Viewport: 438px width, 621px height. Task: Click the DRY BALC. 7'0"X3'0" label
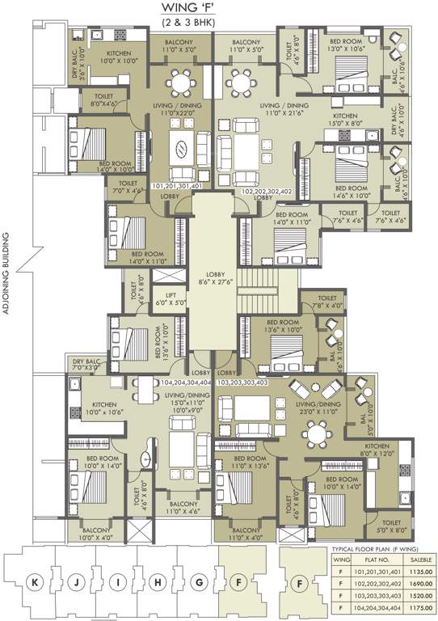(87, 364)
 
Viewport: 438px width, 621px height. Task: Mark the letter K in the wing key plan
(35, 581)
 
